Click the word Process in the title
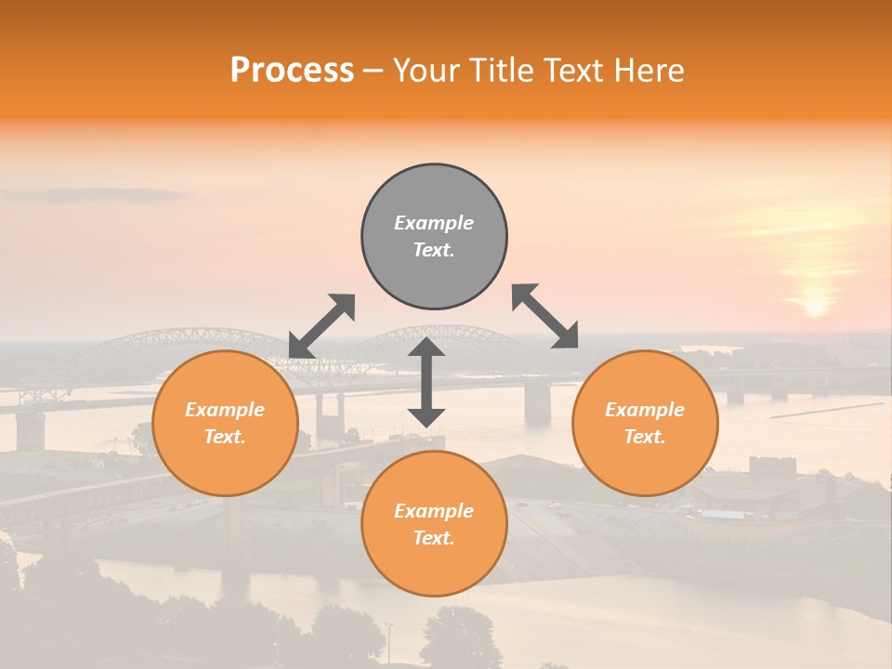click(292, 71)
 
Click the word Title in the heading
click(496, 71)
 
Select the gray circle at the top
click(434, 236)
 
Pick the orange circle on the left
click(225, 423)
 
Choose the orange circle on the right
click(644, 423)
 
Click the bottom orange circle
click(434, 524)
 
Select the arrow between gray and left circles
click(321, 325)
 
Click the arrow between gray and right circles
click(545, 316)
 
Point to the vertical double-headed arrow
click(426, 382)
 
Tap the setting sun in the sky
click(815, 306)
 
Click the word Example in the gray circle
click(434, 223)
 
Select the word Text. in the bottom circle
click(434, 538)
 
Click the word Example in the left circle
click(225, 410)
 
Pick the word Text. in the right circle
click(644, 437)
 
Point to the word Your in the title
click(426, 71)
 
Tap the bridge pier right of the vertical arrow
click(537, 402)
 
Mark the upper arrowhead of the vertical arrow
click(426, 348)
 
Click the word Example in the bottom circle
click(434, 511)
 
